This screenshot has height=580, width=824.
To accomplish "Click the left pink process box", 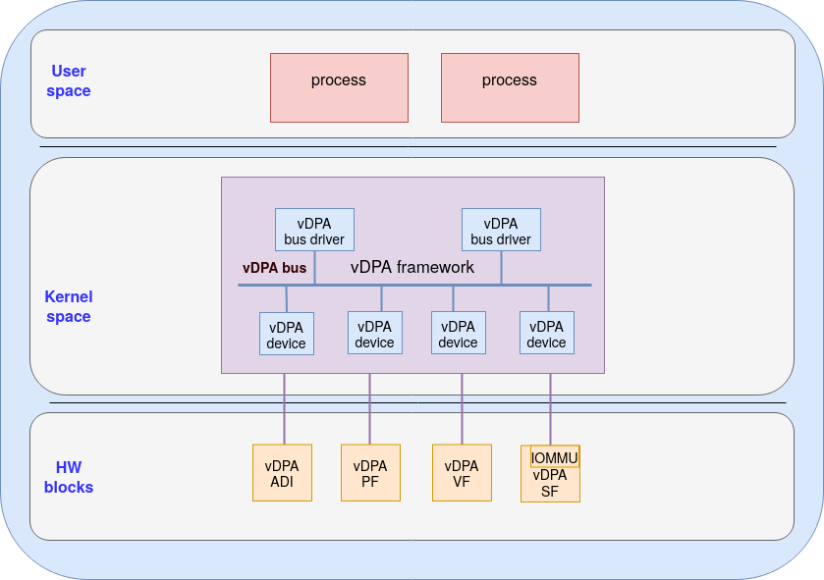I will [x=339, y=87].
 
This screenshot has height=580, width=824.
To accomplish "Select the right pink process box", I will [x=510, y=87].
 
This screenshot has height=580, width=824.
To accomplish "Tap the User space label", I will [x=69, y=80].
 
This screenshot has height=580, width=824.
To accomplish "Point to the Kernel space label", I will [x=69, y=306].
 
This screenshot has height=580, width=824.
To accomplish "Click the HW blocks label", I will [x=69, y=477].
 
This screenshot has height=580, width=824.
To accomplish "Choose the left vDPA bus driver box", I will [x=314, y=230].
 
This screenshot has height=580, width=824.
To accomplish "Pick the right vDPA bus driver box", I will [x=501, y=230].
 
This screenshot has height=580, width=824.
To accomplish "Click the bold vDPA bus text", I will [x=274, y=268].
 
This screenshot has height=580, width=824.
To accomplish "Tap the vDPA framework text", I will [x=412, y=267].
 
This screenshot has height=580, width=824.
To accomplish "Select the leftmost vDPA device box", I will [x=287, y=334].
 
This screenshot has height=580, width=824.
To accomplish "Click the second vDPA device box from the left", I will [x=374, y=333].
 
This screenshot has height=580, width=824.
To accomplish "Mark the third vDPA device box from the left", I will [x=458, y=333].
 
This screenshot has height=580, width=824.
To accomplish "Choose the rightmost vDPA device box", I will [x=546, y=333].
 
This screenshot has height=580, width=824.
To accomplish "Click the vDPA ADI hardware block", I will [x=282, y=473].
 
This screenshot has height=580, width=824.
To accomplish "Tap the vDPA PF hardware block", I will [x=370, y=473].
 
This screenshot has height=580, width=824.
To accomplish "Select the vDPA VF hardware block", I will [x=462, y=473].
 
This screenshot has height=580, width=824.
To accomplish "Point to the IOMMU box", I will [x=555, y=457].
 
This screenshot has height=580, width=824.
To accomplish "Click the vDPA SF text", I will [x=550, y=484].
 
